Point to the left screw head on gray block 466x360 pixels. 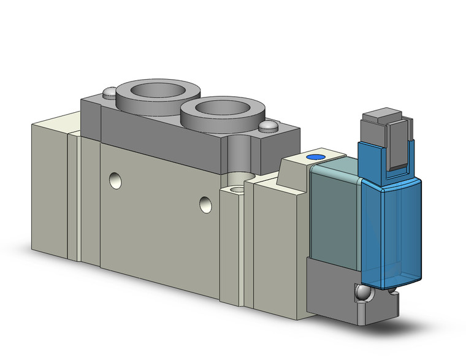[x=108, y=93]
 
